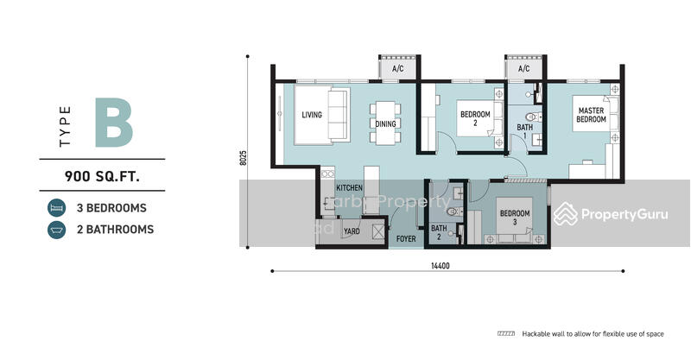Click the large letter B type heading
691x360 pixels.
coord(115,123)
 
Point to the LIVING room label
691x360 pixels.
coord(313,115)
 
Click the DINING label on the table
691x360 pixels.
coord(385,123)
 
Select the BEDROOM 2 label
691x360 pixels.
coord(474,119)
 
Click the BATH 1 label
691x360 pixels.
coord(524,132)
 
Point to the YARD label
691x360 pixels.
coord(352,231)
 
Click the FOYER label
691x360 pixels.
coord(405,238)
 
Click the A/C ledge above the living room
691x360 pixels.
coord(397,68)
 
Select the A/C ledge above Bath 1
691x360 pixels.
coord(523,68)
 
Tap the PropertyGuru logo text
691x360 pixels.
coord(625,214)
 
